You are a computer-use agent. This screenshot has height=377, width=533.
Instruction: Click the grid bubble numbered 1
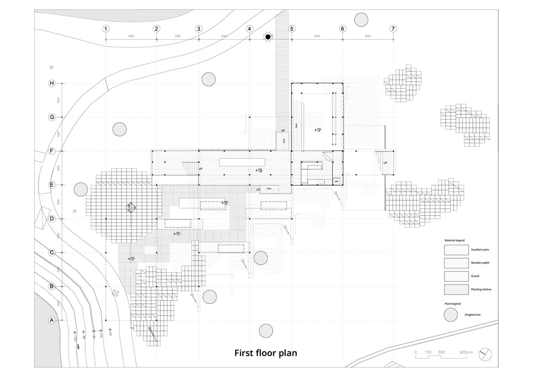click(x=106, y=29)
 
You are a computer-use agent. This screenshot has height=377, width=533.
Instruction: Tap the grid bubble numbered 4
click(x=249, y=29)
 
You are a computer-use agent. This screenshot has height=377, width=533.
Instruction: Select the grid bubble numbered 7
click(x=393, y=29)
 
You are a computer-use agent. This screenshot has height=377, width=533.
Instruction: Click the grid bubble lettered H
click(x=52, y=83)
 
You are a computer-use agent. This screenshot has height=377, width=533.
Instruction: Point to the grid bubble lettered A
click(x=52, y=320)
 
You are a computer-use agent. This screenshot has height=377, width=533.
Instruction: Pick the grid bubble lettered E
click(x=52, y=185)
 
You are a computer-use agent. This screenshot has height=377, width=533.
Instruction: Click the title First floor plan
click(x=266, y=353)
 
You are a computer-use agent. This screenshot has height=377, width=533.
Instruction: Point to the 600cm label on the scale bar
click(x=466, y=352)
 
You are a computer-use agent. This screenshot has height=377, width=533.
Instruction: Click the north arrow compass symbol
click(x=485, y=354)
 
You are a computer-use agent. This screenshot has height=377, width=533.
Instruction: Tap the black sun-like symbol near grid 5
click(x=268, y=37)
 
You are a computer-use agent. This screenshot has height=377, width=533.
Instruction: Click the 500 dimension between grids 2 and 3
click(x=177, y=36)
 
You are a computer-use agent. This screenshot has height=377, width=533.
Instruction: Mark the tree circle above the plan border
click(x=361, y=20)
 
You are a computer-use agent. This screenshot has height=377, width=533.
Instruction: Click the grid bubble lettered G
click(x=52, y=117)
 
